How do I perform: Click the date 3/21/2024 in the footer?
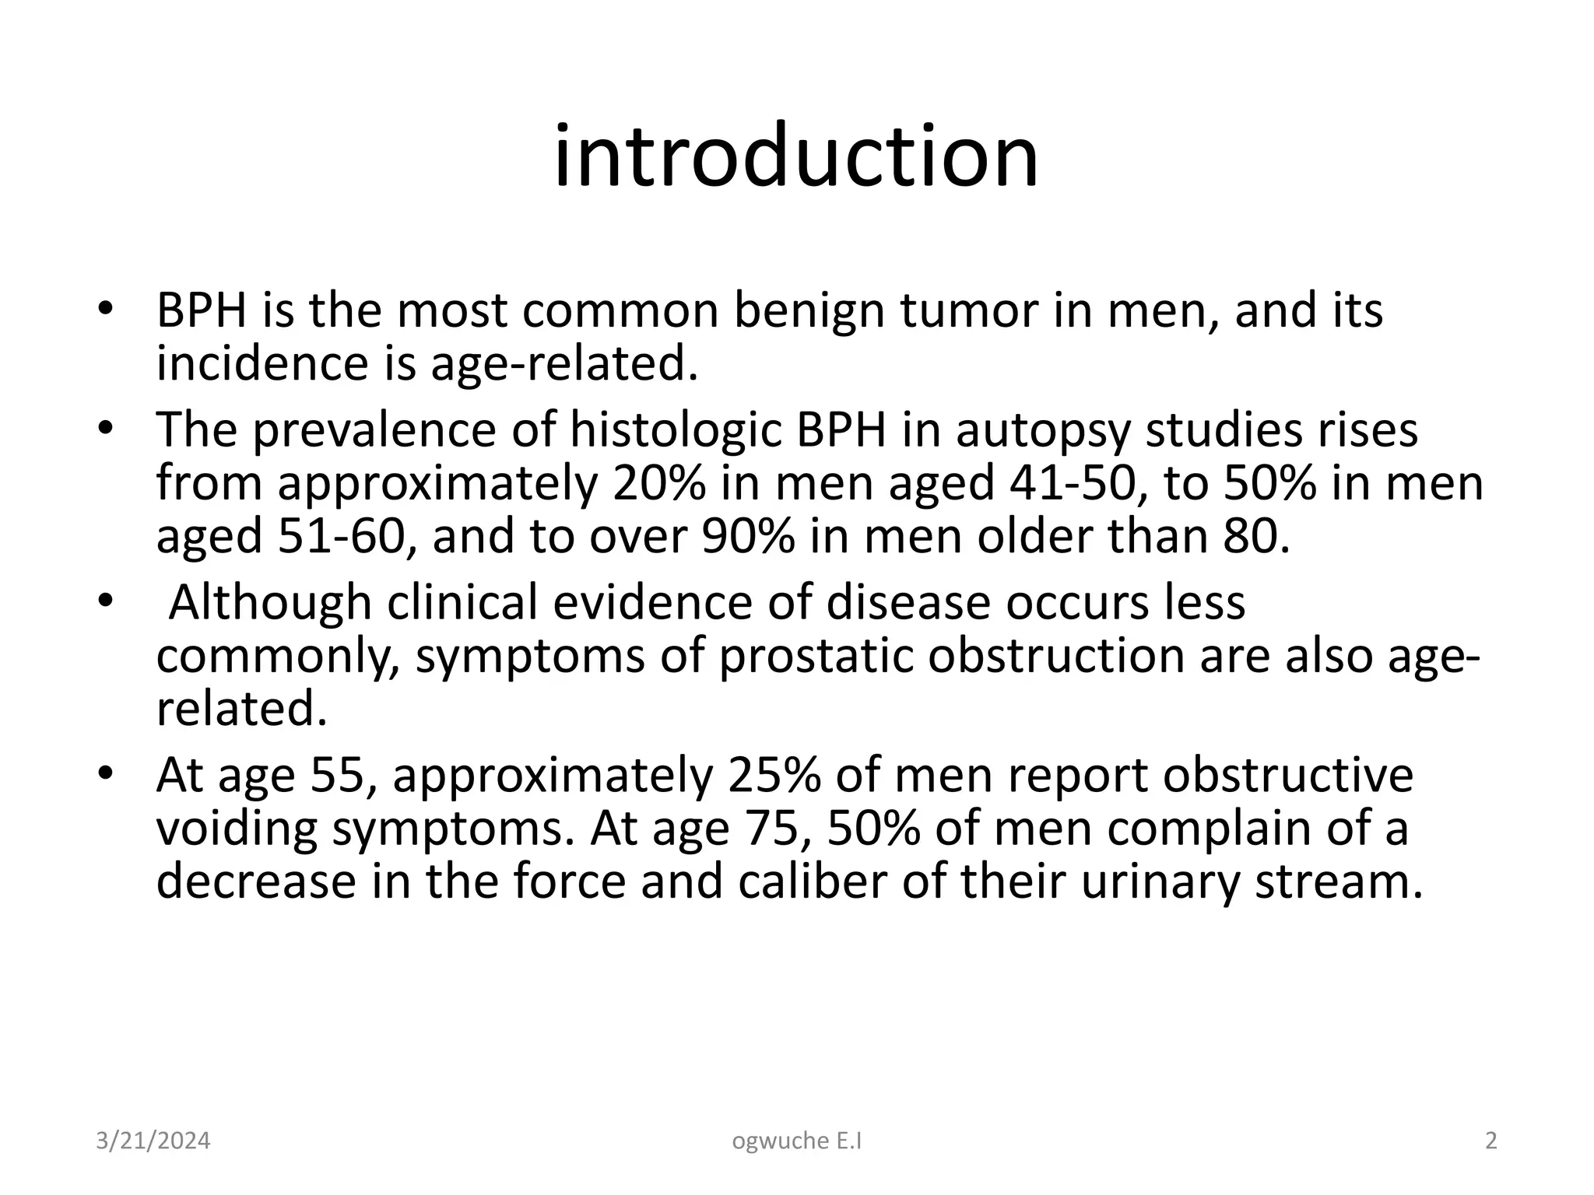tap(153, 1141)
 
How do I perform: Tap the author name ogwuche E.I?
tap(797, 1141)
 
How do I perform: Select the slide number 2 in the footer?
tap(1490, 1141)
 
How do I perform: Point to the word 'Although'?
tap(270, 603)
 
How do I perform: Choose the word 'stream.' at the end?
tap(1339, 881)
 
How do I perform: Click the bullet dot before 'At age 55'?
tap(107, 776)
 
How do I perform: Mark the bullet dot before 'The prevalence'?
tap(107, 430)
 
